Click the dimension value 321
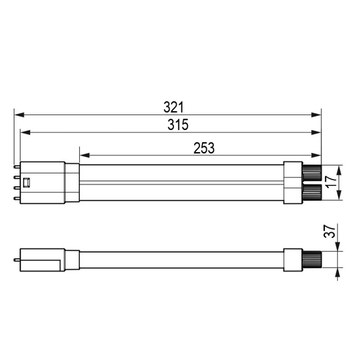[174, 107]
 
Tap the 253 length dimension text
[204, 148]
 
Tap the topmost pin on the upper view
[17, 167]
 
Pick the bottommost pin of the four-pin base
[17, 198]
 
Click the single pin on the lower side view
[17, 259]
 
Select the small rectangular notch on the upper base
[27, 182]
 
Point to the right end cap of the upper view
[292, 182]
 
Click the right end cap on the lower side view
[292, 259]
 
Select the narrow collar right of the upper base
[72, 182]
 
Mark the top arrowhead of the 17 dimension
[339, 168]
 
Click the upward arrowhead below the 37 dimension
[339, 272]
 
